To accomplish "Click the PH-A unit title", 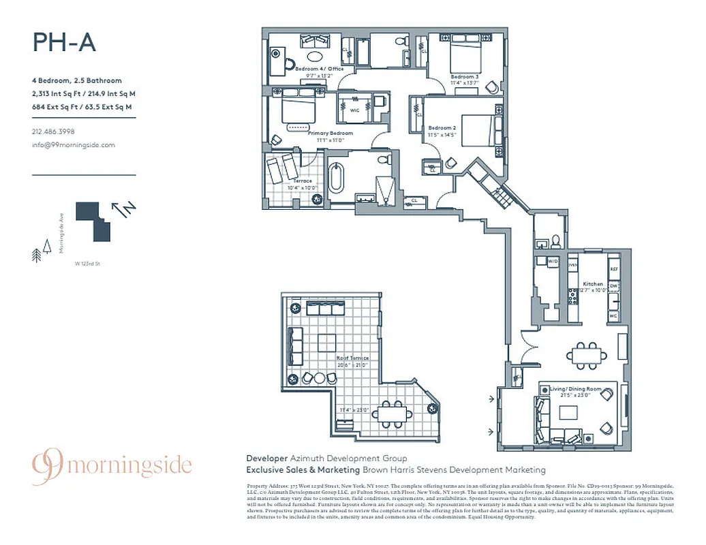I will coord(64,42).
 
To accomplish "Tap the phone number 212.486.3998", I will coord(53,131).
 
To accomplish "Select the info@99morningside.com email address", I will coord(74,144).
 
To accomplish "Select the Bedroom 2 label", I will coord(442,128).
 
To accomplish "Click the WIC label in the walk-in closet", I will coord(354,108).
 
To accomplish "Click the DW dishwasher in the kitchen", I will coord(613,285).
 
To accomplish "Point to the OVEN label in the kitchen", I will coord(572,264).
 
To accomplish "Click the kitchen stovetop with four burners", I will coord(573,296).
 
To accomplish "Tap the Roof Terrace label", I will coord(352,358).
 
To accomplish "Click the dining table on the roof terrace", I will coord(392,412).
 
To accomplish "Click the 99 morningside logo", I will coord(112,467).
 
